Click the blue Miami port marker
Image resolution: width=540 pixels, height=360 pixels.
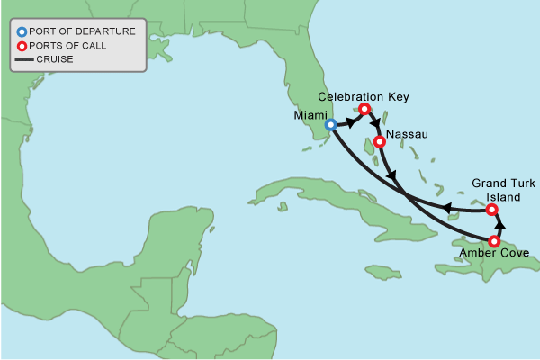pyautogui.click(x=331, y=125)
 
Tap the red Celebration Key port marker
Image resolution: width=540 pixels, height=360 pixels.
pyautogui.click(x=364, y=110)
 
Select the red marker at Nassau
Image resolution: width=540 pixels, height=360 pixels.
pyautogui.click(x=380, y=141)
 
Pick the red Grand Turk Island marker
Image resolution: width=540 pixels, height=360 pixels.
pyautogui.click(x=491, y=210)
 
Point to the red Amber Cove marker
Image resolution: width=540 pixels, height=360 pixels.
pyautogui.click(x=494, y=241)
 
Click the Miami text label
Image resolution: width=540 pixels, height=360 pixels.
pyautogui.click(x=310, y=116)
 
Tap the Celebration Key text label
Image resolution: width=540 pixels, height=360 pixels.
pyautogui.click(x=364, y=95)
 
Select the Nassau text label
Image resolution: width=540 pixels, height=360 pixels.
pyautogui.click(x=405, y=135)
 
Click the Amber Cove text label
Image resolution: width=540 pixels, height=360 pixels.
pyautogui.click(x=488, y=255)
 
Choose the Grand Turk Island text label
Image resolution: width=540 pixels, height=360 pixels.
pyautogui.click(x=495, y=190)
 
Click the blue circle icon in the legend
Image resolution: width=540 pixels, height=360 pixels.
pyautogui.click(x=22, y=31)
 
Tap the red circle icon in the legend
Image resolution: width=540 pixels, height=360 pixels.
pyautogui.click(x=22, y=46)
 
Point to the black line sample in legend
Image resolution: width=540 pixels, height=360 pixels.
pyautogui.click(x=22, y=60)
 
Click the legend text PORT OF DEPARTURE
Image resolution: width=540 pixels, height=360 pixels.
pyautogui.click(x=82, y=31)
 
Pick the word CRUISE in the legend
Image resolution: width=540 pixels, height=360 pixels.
pyautogui.click(x=55, y=60)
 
